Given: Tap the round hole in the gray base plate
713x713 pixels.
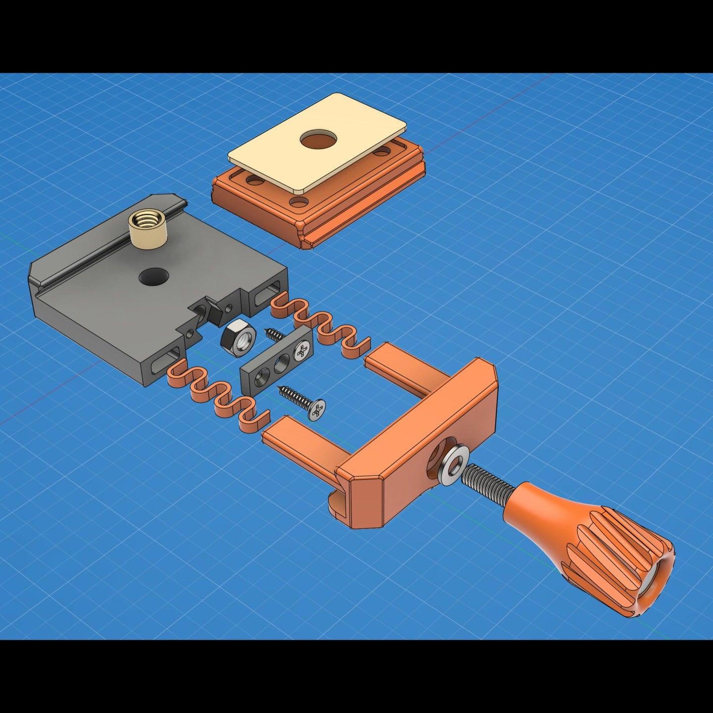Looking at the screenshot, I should pyautogui.click(x=153, y=276).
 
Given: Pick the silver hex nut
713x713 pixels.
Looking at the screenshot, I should pyautogui.click(x=238, y=340).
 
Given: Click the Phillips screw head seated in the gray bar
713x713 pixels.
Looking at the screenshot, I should pyautogui.click(x=303, y=352).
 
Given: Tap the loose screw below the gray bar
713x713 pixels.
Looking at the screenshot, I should pyautogui.click(x=302, y=401).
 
